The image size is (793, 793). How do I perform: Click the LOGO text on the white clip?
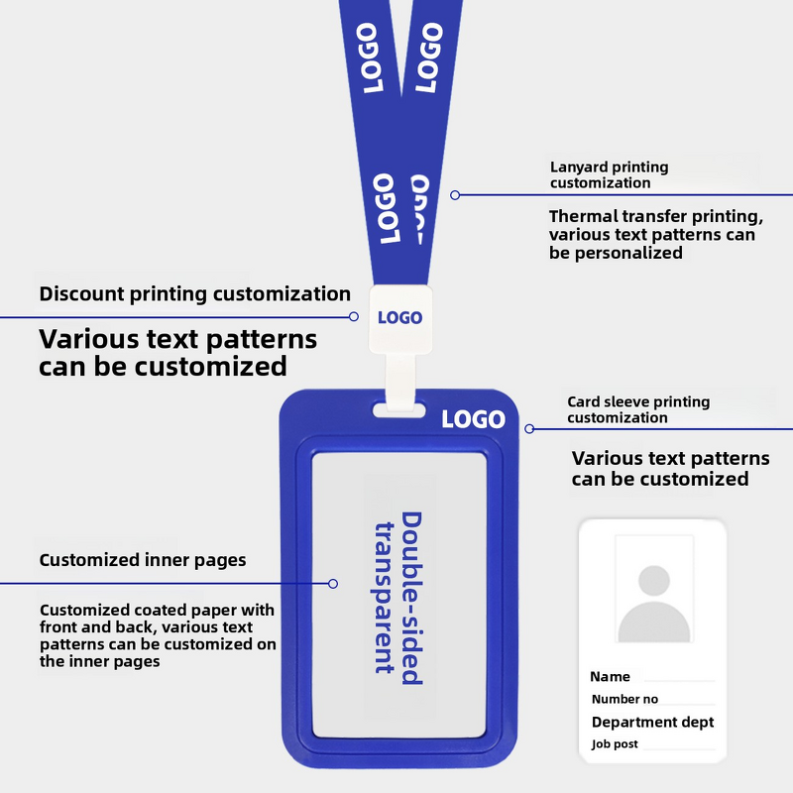tap(399, 318)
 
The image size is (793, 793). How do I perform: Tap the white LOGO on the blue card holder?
tap(473, 419)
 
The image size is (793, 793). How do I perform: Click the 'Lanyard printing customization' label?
tap(610, 174)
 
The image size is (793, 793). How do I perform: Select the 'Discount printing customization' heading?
tap(194, 293)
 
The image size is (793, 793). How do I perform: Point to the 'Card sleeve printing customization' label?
tap(638, 409)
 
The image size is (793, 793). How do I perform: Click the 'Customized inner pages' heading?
tap(143, 560)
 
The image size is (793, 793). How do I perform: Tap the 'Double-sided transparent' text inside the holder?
tap(397, 594)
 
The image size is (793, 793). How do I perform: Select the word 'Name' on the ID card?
tap(610, 677)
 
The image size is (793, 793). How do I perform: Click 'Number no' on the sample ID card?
tap(624, 699)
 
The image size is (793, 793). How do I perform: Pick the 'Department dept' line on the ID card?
tap(652, 722)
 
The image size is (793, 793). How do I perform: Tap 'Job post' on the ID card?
tap(615, 744)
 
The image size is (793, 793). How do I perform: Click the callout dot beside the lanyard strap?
tap(455, 195)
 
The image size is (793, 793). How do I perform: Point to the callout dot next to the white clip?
tap(354, 317)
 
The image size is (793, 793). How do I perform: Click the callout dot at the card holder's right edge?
tap(529, 429)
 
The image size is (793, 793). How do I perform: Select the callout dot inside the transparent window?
tap(333, 584)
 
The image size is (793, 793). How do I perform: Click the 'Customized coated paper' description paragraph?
tap(158, 635)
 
